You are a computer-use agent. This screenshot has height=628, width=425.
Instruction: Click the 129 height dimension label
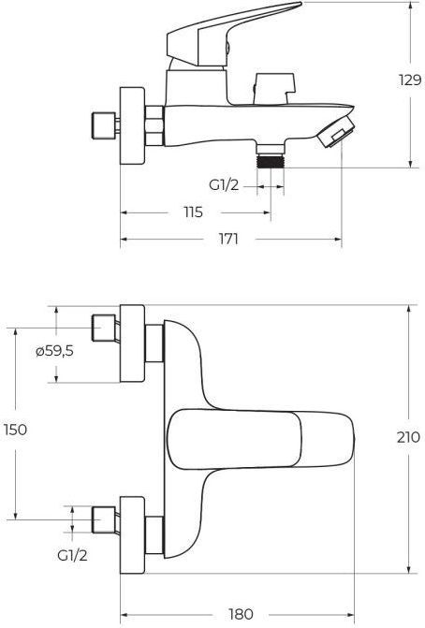pyautogui.click(x=410, y=80)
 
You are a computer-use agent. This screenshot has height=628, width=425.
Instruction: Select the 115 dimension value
pyautogui.click(x=194, y=212)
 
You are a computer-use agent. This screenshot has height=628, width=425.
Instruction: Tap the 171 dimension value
pyautogui.click(x=228, y=239)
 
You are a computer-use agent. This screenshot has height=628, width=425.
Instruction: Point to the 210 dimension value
pyautogui.click(x=408, y=437)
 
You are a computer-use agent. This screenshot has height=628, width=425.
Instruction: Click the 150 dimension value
pyautogui.click(x=16, y=430)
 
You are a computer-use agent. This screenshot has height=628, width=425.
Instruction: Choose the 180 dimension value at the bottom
pyautogui.click(x=242, y=614)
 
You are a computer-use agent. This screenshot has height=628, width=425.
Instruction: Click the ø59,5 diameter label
pyautogui.click(x=54, y=351)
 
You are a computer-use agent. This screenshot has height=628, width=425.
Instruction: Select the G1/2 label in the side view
pyautogui.click(x=224, y=185)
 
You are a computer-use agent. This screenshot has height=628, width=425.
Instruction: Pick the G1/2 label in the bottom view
pyautogui.click(x=72, y=555)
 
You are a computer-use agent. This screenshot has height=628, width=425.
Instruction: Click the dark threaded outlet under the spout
pyautogui.click(x=271, y=162)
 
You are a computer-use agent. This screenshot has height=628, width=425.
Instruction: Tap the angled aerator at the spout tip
pyautogui.click(x=336, y=131)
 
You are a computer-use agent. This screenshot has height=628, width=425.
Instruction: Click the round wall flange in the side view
pyautogui.click(x=133, y=125)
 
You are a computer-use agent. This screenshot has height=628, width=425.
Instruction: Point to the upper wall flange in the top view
pyautogui.click(x=133, y=343)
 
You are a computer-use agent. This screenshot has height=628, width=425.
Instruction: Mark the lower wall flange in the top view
pyautogui.click(x=133, y=535)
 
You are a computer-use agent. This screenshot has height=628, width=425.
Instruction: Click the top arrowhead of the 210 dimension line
pyautogui.click(x=408, y=310)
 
